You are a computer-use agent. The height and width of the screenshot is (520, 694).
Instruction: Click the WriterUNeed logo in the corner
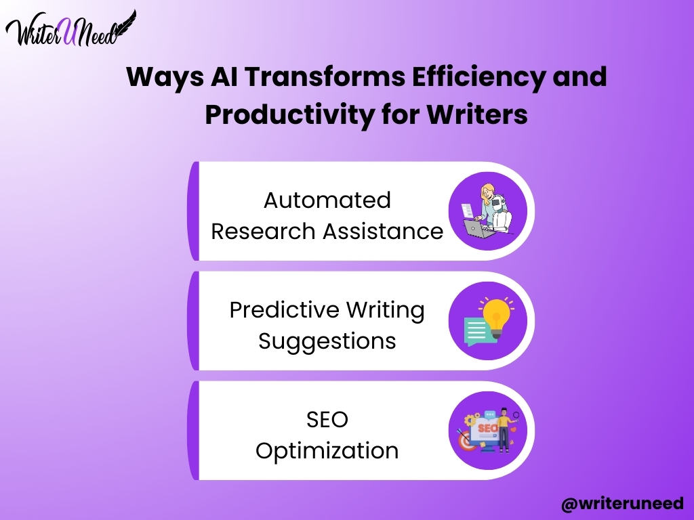coord(70,29)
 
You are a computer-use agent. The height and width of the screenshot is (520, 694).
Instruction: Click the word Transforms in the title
coord(325,76)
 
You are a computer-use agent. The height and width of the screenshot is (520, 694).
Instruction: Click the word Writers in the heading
coord(477,114)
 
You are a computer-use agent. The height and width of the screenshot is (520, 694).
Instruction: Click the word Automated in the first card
coord(327,200)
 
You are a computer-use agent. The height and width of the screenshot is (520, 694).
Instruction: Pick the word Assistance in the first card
coord(384,232)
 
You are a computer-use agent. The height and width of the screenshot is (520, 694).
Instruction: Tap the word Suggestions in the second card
coord(327,342)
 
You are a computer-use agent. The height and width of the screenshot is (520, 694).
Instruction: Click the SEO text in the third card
coord(327,419)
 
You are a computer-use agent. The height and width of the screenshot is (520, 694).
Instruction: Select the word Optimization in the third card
coord(327,452)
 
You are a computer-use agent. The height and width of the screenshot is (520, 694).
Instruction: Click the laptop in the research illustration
coord(477,229)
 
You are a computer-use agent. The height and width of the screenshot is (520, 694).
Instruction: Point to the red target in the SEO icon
coord(466,440)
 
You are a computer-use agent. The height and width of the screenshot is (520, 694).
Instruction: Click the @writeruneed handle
coord(622,503)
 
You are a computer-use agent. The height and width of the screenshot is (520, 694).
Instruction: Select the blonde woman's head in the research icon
coord(487,193)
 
